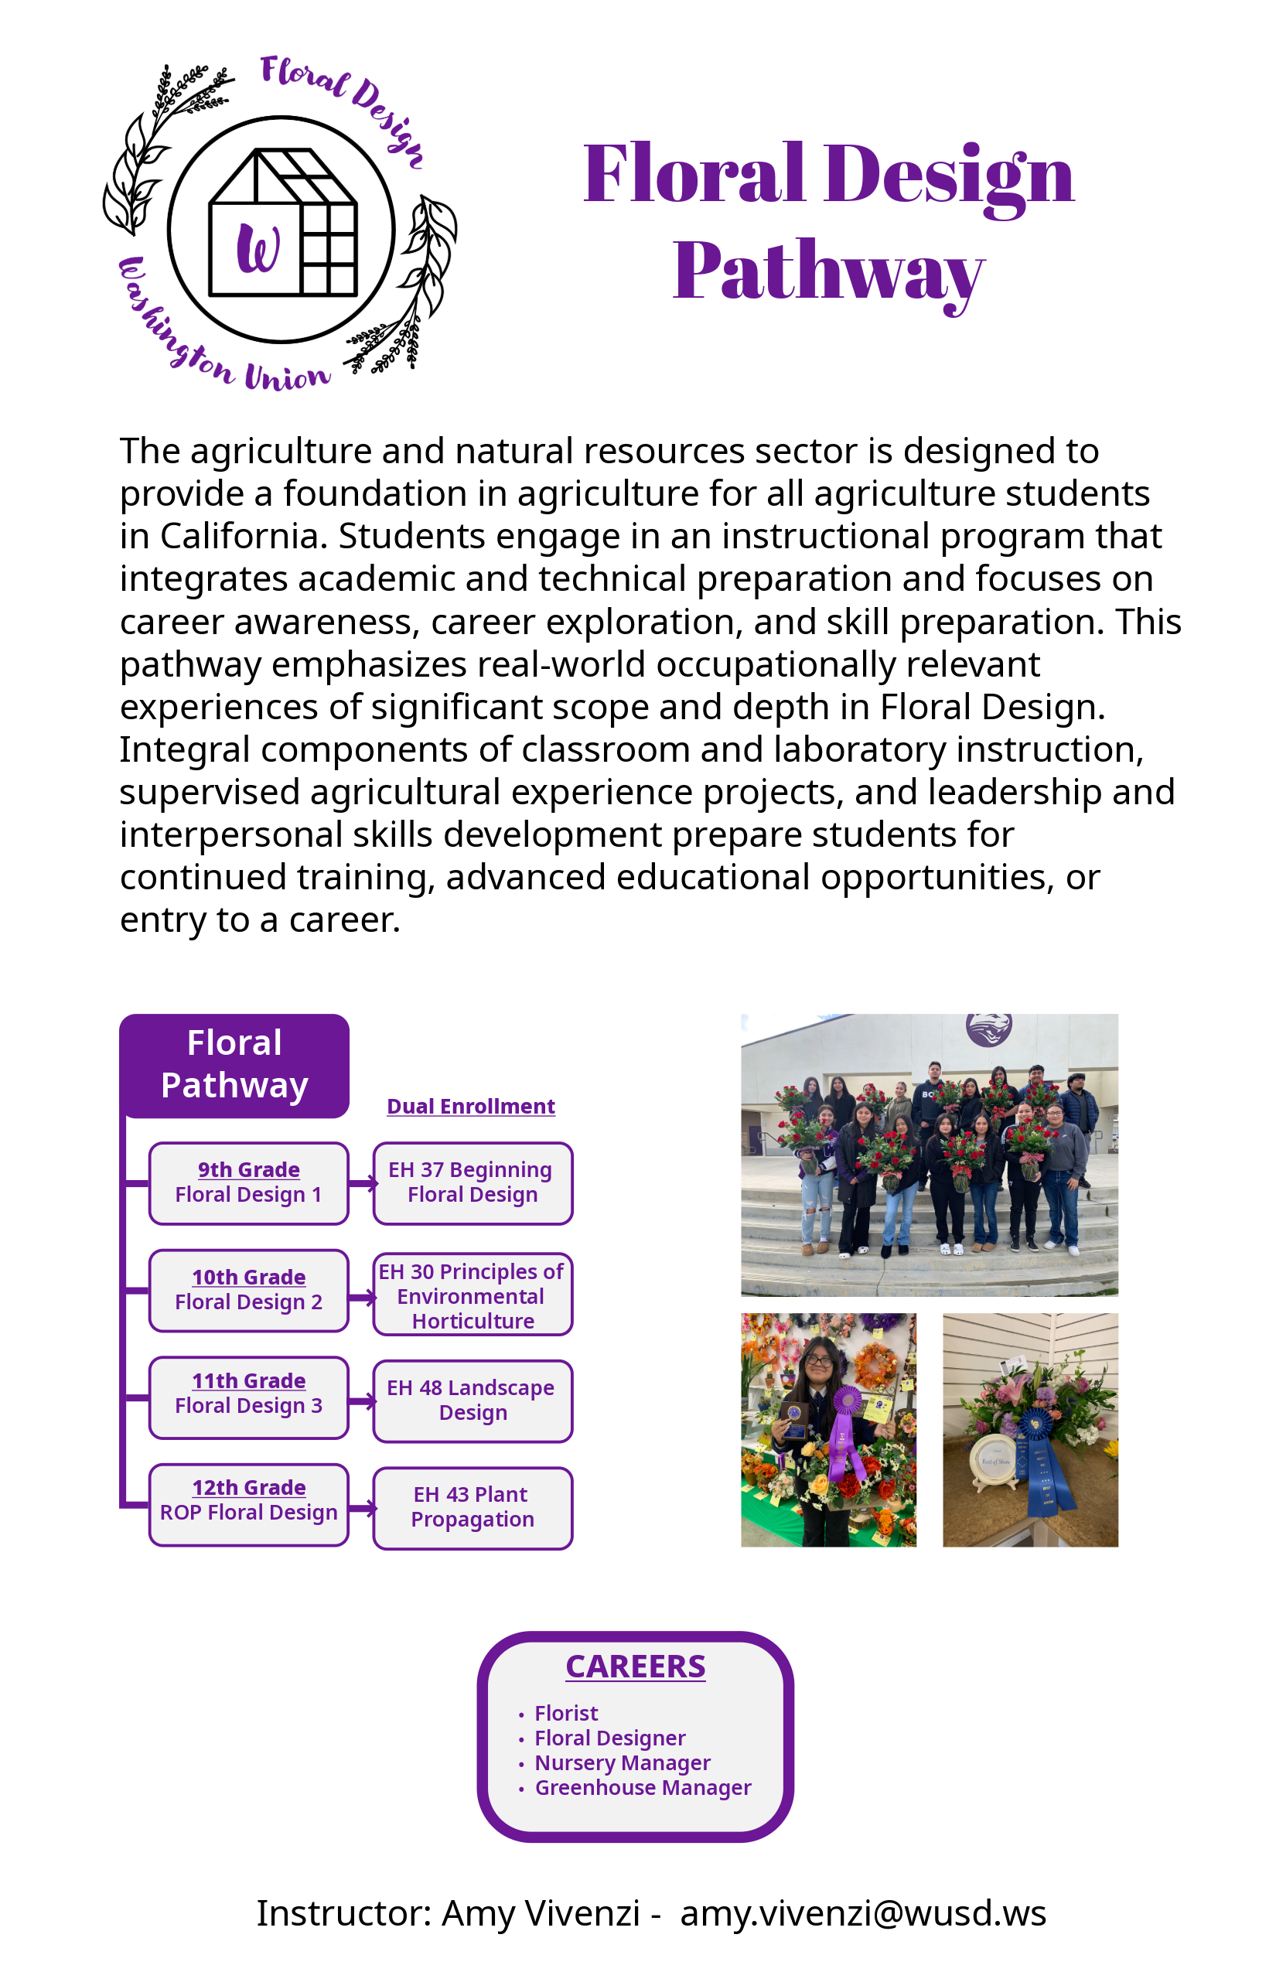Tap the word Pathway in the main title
827,271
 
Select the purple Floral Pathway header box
234,1065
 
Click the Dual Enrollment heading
471,1106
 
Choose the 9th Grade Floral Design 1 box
248,1182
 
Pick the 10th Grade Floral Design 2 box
248,1290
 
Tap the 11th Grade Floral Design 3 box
248,1397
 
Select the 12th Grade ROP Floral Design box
248,1504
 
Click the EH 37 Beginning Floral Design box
473,1182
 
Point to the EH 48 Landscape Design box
473,1401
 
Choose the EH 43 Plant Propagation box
473,1507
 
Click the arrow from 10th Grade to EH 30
362,1298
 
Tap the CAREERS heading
636,1667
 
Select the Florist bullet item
566,1713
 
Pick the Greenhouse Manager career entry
643,1787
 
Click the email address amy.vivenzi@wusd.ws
862,1913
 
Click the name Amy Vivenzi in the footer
541,1913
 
